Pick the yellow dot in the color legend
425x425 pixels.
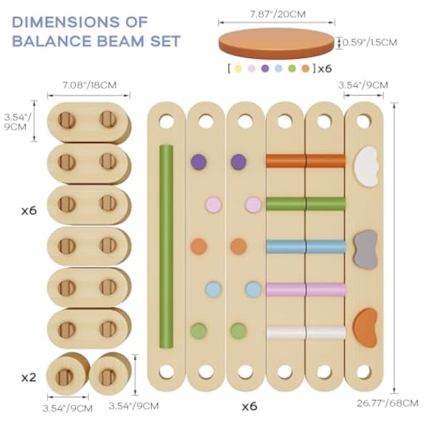[238, 68]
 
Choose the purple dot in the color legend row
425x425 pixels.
[265, 68]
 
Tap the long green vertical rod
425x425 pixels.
[167, 246]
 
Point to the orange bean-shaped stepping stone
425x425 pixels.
[365, 328]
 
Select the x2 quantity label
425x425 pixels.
[28, 377]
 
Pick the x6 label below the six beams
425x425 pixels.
[249, 406]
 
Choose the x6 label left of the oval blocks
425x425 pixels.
[28, 211]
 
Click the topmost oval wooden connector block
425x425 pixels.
[89, 122]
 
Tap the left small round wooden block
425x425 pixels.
[67, 374]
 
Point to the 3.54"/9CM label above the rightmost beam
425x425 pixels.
[363, 85]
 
